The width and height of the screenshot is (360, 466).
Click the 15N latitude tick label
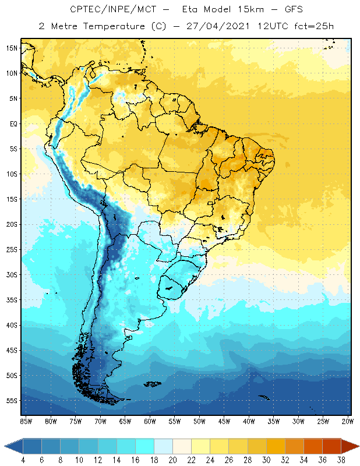[x=12, y=48]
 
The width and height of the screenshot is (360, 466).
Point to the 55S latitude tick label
[x=12, y=401]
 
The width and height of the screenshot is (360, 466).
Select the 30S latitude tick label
[x=12, y=274]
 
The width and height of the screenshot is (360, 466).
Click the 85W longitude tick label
[x=26, y=421]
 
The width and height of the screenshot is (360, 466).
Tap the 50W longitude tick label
[x=199, y=421]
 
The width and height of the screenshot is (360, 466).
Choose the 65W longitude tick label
[x=125, y=421]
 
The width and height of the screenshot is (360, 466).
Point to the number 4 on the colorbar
[x=23, y=460]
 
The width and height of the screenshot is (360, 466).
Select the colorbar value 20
[x=173, y=460]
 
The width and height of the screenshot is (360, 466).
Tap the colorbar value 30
[x=266, y=460]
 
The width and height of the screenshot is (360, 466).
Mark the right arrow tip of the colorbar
[x=357, y=446]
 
